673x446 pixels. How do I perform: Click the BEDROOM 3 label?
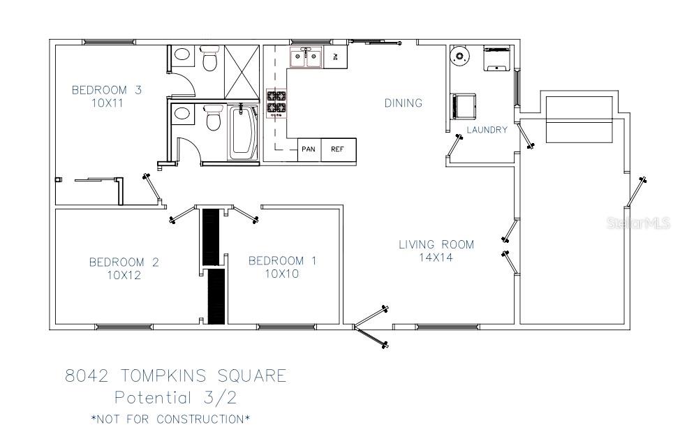tap(106, 90)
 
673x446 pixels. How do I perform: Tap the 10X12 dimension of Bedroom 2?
tap(124, 275)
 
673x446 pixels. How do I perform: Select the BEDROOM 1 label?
tap(283, 260)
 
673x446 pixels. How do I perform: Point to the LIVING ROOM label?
tap(436, 245)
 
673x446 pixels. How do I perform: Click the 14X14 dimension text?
tap(436, 258)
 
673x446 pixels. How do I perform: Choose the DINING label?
tap(403, 103)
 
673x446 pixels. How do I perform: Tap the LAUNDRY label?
tap(487, 130)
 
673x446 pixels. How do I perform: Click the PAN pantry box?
tap(309, 149)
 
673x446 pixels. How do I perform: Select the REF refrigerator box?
tap(339, 149)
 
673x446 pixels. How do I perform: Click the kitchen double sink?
tap(306, 57)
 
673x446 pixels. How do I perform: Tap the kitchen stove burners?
tap(276, 103)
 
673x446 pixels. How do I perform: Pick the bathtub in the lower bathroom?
tap(243, 132)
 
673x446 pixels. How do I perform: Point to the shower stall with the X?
tap(242, 72)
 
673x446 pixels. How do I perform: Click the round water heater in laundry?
tap(459, 56)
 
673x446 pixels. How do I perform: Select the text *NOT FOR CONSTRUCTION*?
tap(170, 419)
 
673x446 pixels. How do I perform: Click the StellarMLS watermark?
tap(638, 223)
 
